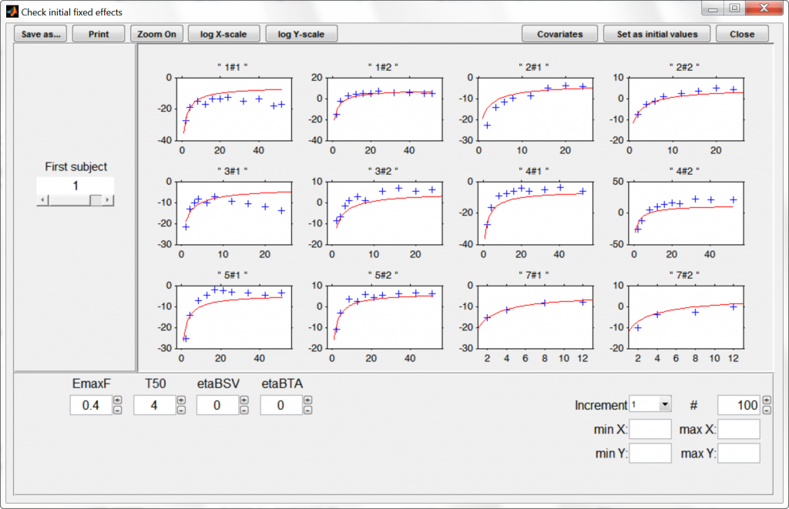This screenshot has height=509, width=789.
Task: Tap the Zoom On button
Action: coord(157,34)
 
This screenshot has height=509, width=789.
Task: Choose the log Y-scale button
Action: coord(301,34)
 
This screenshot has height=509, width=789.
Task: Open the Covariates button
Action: coord(560,34)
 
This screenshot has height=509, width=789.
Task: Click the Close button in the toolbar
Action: coord(742,34)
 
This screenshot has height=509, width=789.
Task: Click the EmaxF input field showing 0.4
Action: coord(91,406)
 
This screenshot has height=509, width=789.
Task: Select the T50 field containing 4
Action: coord(154,406)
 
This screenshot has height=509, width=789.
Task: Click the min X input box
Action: coord(650,429)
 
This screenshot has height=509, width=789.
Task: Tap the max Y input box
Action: coord(739,453)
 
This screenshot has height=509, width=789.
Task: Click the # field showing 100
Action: coord(738,405)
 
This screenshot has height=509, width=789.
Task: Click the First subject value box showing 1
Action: coord(76,186)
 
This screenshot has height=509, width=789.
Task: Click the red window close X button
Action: coord(764,8)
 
